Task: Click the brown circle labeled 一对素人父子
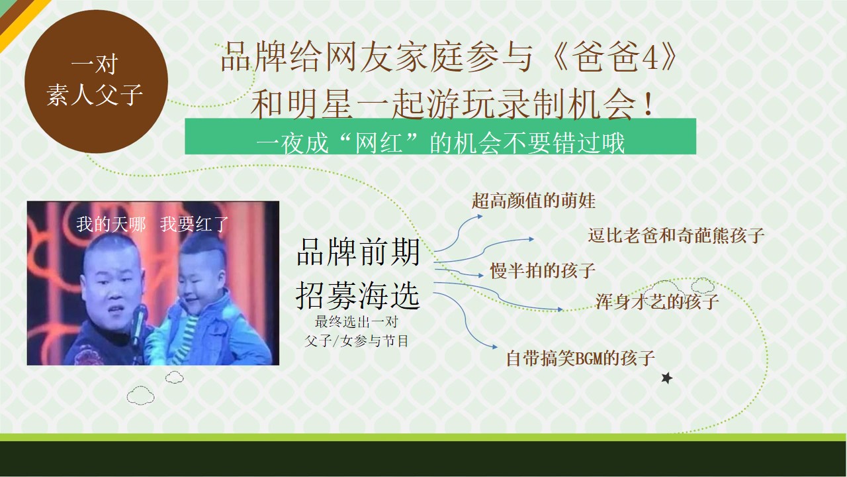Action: (97, 81)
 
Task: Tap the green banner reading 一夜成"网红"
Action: (440, 136)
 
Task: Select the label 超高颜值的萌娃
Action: (533, 201)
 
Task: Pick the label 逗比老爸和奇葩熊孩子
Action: (676, 235)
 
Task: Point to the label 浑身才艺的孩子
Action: (657, 301)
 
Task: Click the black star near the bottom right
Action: (666, 378)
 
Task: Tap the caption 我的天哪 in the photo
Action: (111, 224)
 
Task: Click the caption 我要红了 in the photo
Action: (195, 224)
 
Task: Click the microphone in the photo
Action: (138, 325)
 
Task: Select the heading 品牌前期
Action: (358, 252)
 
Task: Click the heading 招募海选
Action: (358, 295)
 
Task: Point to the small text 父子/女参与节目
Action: (357, 341)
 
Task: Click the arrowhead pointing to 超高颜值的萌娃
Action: (480, 217)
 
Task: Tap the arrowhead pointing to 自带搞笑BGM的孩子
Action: (494, 346)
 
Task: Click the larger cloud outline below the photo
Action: (140, 396)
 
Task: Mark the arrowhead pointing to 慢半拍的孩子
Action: (480, 276)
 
